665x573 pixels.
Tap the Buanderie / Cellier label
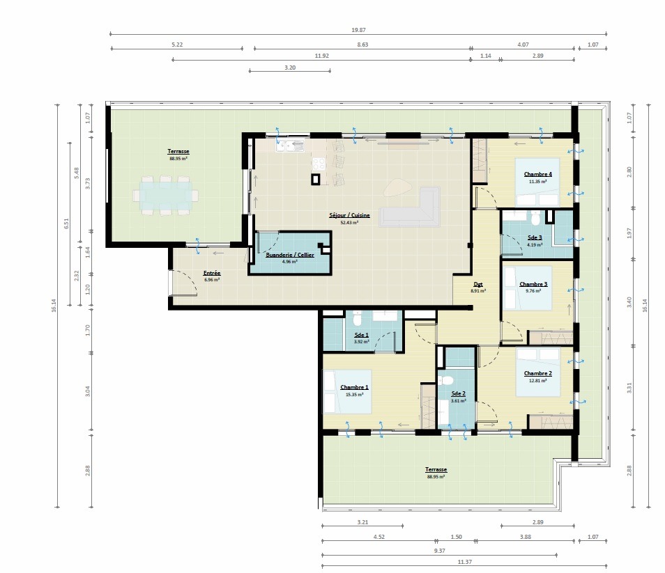(289, 255)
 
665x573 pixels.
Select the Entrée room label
(212, 273)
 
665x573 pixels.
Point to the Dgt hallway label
(477, 284)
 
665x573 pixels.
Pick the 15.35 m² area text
(354, 394)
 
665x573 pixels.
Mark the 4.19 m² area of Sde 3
(535, 245)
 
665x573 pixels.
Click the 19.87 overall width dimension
(358, 30)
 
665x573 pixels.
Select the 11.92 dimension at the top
(321, 56)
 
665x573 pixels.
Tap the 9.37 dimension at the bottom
(439, 551)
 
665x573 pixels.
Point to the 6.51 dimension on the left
(66, 223)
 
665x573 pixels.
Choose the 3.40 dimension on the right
(629, 301)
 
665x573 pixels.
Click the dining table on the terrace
(165, 194)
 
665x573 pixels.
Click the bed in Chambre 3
(528, 287)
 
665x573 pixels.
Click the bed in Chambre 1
(346, 390)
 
